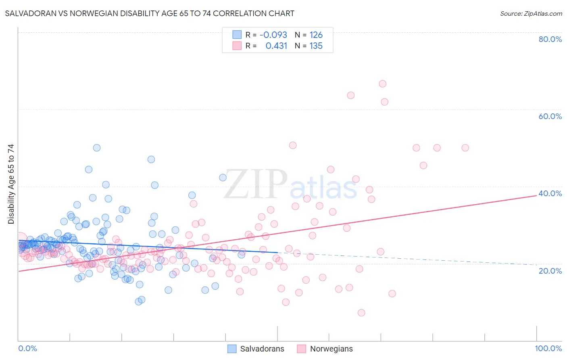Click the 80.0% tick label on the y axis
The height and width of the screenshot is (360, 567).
click(550, 39)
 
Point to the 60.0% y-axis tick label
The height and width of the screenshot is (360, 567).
click(550, 116)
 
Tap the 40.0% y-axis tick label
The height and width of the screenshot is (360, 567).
click(550, 193)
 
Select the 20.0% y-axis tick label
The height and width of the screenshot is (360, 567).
click(550, 270)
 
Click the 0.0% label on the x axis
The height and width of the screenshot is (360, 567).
click(27, 348)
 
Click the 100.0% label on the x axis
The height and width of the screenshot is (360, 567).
click(548, 348)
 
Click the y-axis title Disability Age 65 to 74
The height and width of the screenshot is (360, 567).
click(11, 184)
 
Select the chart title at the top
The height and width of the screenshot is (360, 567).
click(150, 13)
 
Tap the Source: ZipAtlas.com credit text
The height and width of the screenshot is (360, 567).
click(531, 13)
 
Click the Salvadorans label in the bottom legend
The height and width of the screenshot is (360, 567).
click(262, 349)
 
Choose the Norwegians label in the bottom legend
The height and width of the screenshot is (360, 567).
click(331, 349)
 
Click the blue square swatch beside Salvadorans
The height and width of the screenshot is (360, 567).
click(232, 349)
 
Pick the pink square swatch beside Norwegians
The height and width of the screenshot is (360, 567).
click(301, 349)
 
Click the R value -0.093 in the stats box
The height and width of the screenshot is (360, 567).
click(273, 35)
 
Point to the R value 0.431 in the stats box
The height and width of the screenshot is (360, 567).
click(276, 46)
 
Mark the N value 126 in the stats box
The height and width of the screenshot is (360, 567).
click(316, 35)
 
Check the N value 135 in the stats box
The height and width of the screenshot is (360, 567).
click(316, 46)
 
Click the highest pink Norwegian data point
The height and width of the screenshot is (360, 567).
click(382, 84)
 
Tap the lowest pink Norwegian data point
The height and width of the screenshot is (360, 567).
click(361, 313)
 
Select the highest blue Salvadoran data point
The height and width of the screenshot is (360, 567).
click(97, 148)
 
